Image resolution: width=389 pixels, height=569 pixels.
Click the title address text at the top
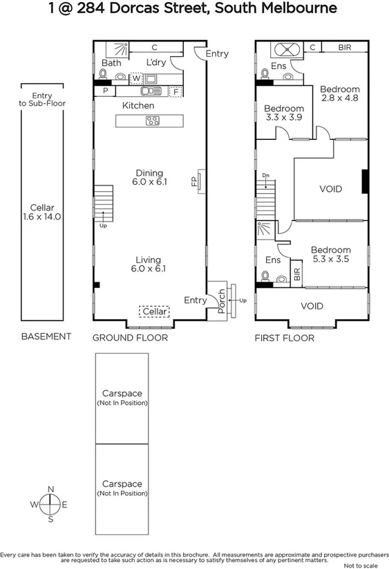point(193,9)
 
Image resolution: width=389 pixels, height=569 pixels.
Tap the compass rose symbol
point(50,505)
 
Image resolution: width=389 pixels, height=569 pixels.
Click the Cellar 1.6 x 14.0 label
point(47,211)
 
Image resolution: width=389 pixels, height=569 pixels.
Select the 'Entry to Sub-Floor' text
point(47,100)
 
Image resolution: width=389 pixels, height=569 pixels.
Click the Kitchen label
point(137,106)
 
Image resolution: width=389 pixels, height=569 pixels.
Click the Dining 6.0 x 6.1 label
point(149,178)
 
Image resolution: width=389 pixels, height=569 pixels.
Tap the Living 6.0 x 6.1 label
point(149,264)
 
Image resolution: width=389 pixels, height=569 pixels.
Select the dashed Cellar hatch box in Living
point(154,312)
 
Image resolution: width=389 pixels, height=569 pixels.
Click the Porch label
point(222,302)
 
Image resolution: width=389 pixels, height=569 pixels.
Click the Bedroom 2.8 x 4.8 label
point(340,93)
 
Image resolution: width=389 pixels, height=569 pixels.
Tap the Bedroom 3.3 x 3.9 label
point(284,113)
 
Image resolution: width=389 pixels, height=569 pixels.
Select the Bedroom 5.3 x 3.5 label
point(330,255)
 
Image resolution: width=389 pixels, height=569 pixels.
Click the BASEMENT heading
point(46,336)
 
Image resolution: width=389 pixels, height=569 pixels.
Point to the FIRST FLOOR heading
point(284,338)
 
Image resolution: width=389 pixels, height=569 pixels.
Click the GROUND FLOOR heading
point(131,338)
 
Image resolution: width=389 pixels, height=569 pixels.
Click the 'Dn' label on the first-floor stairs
point(265,176)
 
